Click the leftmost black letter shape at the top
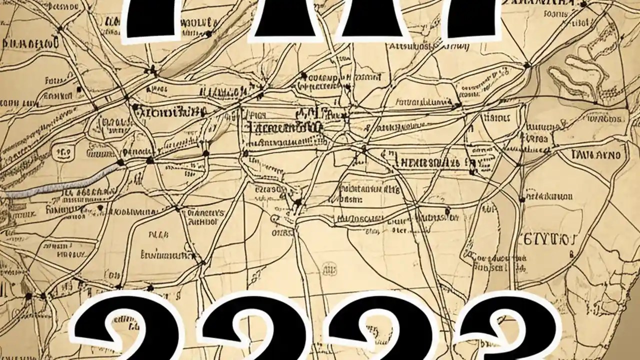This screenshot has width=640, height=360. click(150, 17)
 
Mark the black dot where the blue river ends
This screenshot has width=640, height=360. click(120, 162)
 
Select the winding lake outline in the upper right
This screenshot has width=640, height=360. click(575, 75)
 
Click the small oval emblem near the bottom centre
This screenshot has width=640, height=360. click(328, 269)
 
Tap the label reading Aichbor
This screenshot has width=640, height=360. click(202, 220)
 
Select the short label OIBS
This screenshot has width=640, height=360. click(282, 232)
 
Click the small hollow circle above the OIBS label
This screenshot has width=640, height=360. click(275, 218)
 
